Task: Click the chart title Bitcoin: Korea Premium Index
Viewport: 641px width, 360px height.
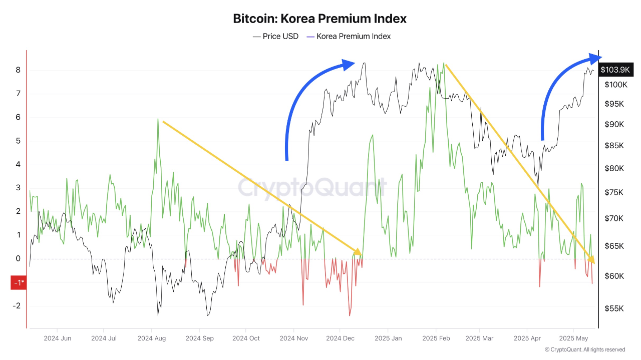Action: (x=319, y=19)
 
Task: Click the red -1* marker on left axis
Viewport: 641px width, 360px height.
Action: (x=19, y=283)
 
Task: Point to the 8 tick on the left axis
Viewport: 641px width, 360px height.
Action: (x=18, y=70)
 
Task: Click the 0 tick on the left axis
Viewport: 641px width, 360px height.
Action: (x=18, y=259)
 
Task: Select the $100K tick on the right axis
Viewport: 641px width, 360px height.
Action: (x=615, y=84)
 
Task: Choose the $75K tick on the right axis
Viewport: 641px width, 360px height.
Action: (x=614, y=193)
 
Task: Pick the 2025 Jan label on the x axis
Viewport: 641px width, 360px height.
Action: (x=388, y=338)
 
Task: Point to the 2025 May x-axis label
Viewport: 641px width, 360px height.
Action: (x=573, y=338)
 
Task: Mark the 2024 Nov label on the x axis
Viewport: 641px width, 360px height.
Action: (x=294, y=338)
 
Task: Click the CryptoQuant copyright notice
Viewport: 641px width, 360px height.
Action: (x=584, y=349)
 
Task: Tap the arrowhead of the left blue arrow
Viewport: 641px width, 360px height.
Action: (x=350, y=64)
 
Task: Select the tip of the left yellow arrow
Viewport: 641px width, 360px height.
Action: (x=358, y=252)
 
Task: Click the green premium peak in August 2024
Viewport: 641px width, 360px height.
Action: (x=158, y=119)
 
